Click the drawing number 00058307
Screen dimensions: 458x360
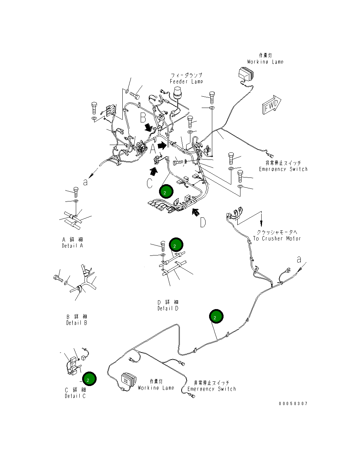293,404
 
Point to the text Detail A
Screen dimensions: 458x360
73,246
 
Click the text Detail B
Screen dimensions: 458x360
77,323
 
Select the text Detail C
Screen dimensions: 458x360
75,396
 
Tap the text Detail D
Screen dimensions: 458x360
168,308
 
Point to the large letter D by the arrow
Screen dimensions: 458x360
203,223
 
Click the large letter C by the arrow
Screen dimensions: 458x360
150,183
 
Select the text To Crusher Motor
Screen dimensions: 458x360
277,239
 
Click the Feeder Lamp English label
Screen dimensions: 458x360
187,82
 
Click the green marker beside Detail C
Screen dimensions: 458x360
89,379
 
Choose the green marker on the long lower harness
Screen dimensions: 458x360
216,317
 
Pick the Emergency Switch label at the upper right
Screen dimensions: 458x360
283,169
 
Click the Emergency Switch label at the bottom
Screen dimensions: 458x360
212,389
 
